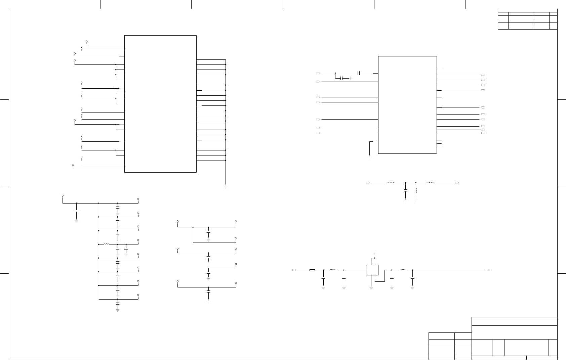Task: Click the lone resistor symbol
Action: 312,270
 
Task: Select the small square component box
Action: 372,270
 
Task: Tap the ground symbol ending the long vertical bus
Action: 225,186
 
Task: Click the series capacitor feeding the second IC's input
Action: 359,73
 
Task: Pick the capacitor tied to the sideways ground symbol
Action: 342,78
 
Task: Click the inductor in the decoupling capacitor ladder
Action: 106,244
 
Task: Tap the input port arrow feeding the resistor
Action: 294,270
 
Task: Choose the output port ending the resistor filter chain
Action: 490,270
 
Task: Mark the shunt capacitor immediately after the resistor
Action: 323,278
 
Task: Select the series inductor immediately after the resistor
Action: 333,270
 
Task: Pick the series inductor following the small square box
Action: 403,270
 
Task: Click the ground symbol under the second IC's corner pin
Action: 369,157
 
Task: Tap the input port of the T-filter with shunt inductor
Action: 367,183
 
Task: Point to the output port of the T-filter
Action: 457,183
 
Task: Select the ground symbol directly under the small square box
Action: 371,287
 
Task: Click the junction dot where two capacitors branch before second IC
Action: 335,73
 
